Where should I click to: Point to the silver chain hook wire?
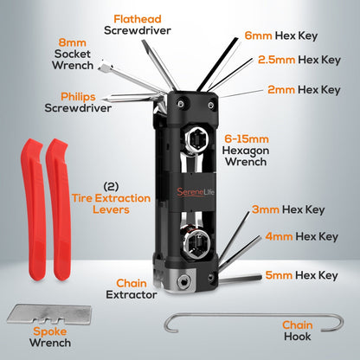point(251,321)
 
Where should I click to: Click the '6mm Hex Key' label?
point(292,35)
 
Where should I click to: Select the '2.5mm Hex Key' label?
point(299,61)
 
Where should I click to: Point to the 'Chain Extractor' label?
point(136,289)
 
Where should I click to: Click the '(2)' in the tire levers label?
point(110,186)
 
